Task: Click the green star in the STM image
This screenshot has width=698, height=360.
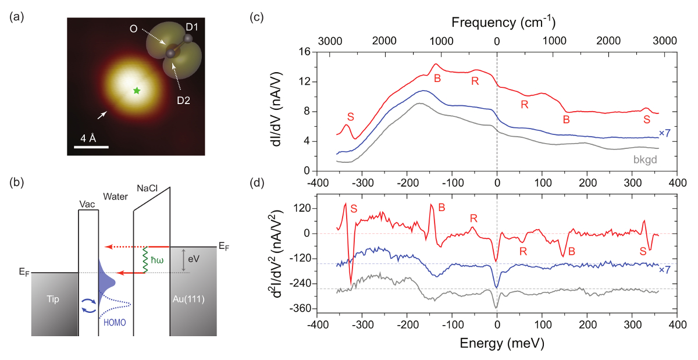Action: [137, 91]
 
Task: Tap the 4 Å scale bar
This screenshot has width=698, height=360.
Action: [92, 147]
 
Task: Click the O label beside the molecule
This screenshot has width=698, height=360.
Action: [134, 28]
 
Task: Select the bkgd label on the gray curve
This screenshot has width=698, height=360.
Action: [645, 158]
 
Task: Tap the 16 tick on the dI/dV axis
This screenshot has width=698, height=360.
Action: [304, 52]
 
